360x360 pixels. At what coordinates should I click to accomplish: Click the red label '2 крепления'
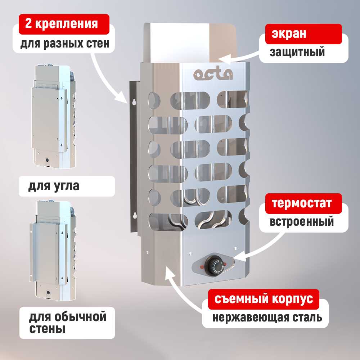pyautogui.click(x=61, y=24)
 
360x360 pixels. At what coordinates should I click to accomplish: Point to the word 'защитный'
pyautogui.click(x=297, y=52)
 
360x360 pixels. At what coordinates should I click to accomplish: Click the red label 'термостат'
pyautogui.click(x=301, y=203)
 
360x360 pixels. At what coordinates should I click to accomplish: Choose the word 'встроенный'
pyautogui.click(x=302, y=221)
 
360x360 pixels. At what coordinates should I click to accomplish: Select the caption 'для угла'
pyautogui.click(x=54, y=187)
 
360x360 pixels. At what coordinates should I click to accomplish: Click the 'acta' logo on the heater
pyautogui.click(x=213, y=74)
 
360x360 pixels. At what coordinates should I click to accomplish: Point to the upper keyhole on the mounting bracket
pyautogui.click(x=134, y=102)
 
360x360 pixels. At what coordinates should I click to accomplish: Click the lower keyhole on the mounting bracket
pyautogui.click(x=134, y=216)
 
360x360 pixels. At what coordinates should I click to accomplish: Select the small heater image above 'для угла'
pyautogui.click(x=54, y=117)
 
